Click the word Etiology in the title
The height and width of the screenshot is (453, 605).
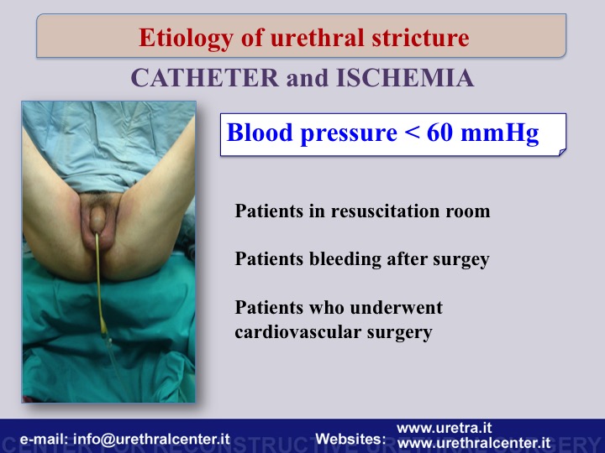186,38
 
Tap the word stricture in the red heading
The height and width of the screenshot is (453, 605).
421,38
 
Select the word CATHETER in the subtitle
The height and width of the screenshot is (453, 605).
205,77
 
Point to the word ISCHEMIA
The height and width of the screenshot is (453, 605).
405,77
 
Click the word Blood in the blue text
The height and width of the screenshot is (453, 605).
260,133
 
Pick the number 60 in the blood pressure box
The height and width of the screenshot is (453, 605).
439,133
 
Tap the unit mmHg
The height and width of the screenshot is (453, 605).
499,133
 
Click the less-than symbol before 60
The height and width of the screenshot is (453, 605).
412,133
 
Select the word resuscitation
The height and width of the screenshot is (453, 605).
385,211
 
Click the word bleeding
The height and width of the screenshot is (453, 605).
345,259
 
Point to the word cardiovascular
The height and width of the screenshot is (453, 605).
297,331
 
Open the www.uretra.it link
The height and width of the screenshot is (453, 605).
445,428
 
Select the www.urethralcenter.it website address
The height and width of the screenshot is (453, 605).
473,443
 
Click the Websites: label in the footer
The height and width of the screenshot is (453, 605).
350,439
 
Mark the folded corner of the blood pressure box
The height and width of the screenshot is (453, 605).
562,152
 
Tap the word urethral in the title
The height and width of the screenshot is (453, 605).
317,38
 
